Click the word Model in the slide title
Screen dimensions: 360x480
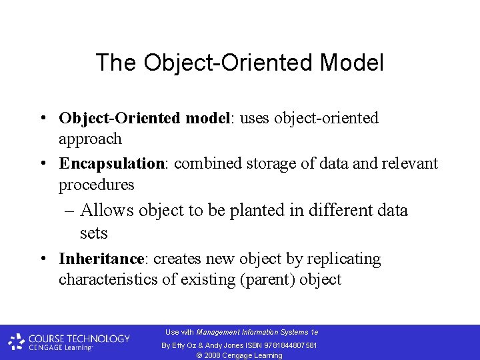pos(351,63)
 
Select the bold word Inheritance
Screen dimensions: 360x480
pos(101,259)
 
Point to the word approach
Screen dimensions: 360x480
pos(90,139)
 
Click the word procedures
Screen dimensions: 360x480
pos(96,185)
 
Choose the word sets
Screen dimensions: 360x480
pos(93,233)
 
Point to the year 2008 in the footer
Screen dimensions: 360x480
pos(213,355)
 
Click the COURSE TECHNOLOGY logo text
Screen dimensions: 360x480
pos(79,338)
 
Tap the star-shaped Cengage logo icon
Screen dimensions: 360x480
pos(17,342)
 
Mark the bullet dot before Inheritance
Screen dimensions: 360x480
pos(42,259)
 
